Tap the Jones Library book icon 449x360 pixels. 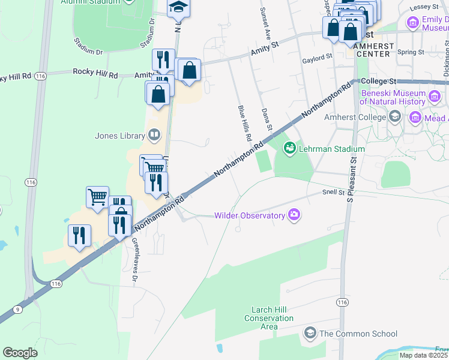tap(154, 135)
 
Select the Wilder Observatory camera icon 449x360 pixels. tap(294, 215)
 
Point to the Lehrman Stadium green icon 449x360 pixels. tap(290, 148)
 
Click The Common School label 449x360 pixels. tap(358, 334)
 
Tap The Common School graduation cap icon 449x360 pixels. tap(310, 332)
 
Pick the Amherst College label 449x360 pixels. tap(365, 117)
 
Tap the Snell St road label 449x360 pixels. tap(333, 193)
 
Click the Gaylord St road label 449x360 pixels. tap(317, 56)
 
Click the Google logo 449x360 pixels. tap(20, 353)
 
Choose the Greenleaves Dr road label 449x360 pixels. tap(135, 260)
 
